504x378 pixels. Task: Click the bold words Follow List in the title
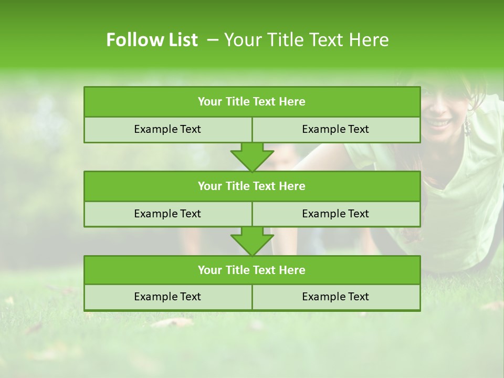coord(152,40)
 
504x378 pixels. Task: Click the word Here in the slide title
coord(369,40)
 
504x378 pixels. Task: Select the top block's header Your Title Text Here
coord(251,102)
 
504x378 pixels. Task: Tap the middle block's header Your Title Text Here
coord(251,186)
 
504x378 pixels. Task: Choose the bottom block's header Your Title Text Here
coord(251,270)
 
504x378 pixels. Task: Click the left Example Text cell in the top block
coord(167,129)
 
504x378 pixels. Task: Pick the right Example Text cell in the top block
coord(335,129)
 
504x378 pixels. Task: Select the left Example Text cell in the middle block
coord(167,214)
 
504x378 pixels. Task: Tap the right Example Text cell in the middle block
coord(335,214)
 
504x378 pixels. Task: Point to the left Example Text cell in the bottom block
coord(167,297)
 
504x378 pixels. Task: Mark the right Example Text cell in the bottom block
coord(335,297)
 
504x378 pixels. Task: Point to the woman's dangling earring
coord(466,128)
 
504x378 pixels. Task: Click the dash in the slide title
coord(213,40)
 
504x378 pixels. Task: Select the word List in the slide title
coord(181,40)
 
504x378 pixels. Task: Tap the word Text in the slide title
coord(327,40)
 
